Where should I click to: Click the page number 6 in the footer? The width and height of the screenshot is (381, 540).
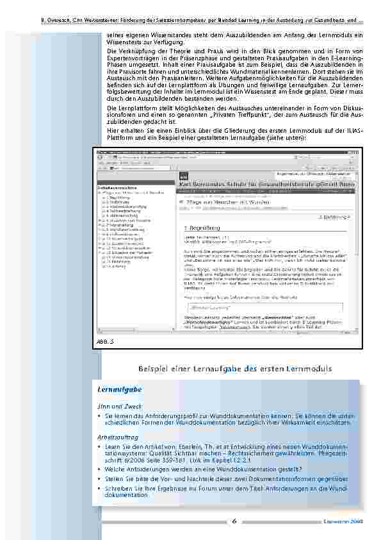pos(234,521)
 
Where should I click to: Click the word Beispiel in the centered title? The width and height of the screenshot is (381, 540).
pos(154,369)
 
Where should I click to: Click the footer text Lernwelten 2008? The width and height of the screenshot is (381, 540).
pos(346,521)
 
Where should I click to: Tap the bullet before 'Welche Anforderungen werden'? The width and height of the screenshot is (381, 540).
pos(100,469)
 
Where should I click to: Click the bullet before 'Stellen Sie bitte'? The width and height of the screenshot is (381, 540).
pos(100,478)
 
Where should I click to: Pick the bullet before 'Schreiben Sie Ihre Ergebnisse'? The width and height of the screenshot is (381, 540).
pos(100,488)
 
